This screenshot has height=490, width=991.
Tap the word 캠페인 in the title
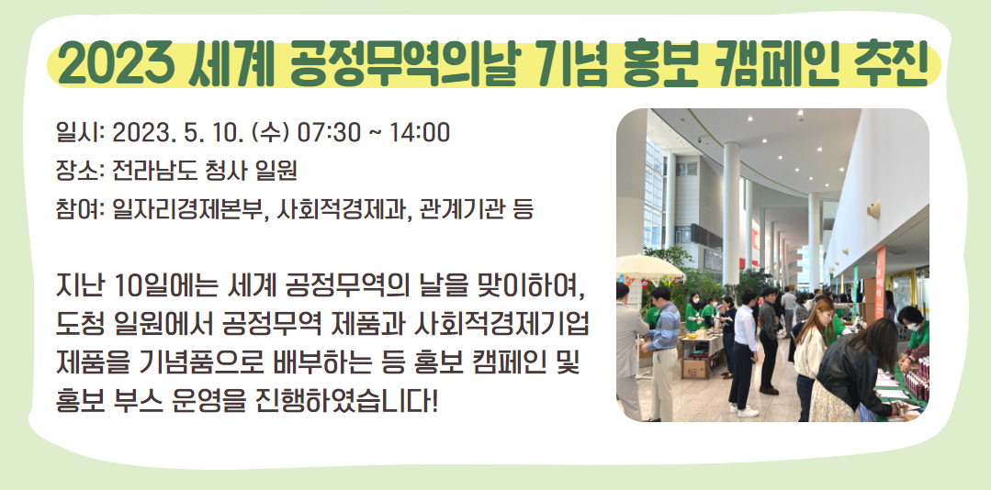[764, 64]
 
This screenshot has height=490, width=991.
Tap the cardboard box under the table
[695, 369]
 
